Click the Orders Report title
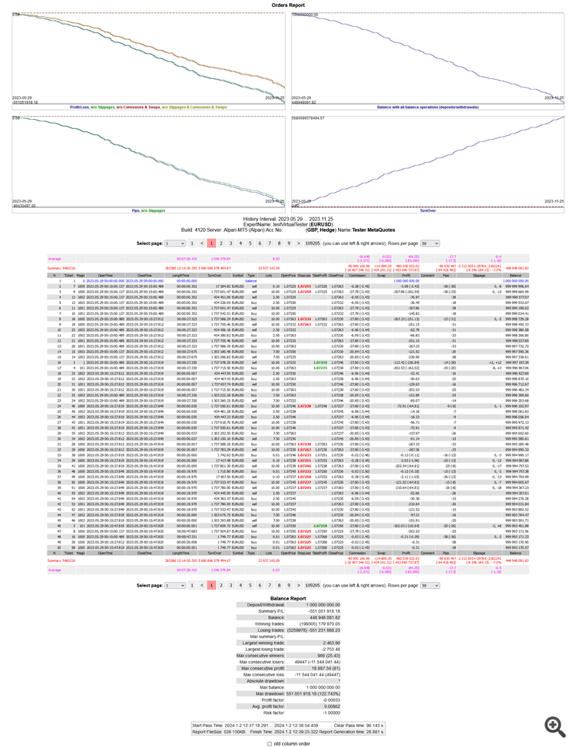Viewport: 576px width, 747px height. (289, 5)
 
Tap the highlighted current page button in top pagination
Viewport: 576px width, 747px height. (211, 243)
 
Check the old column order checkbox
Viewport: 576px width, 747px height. (269, 743)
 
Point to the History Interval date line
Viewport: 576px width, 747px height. (288, 218)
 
